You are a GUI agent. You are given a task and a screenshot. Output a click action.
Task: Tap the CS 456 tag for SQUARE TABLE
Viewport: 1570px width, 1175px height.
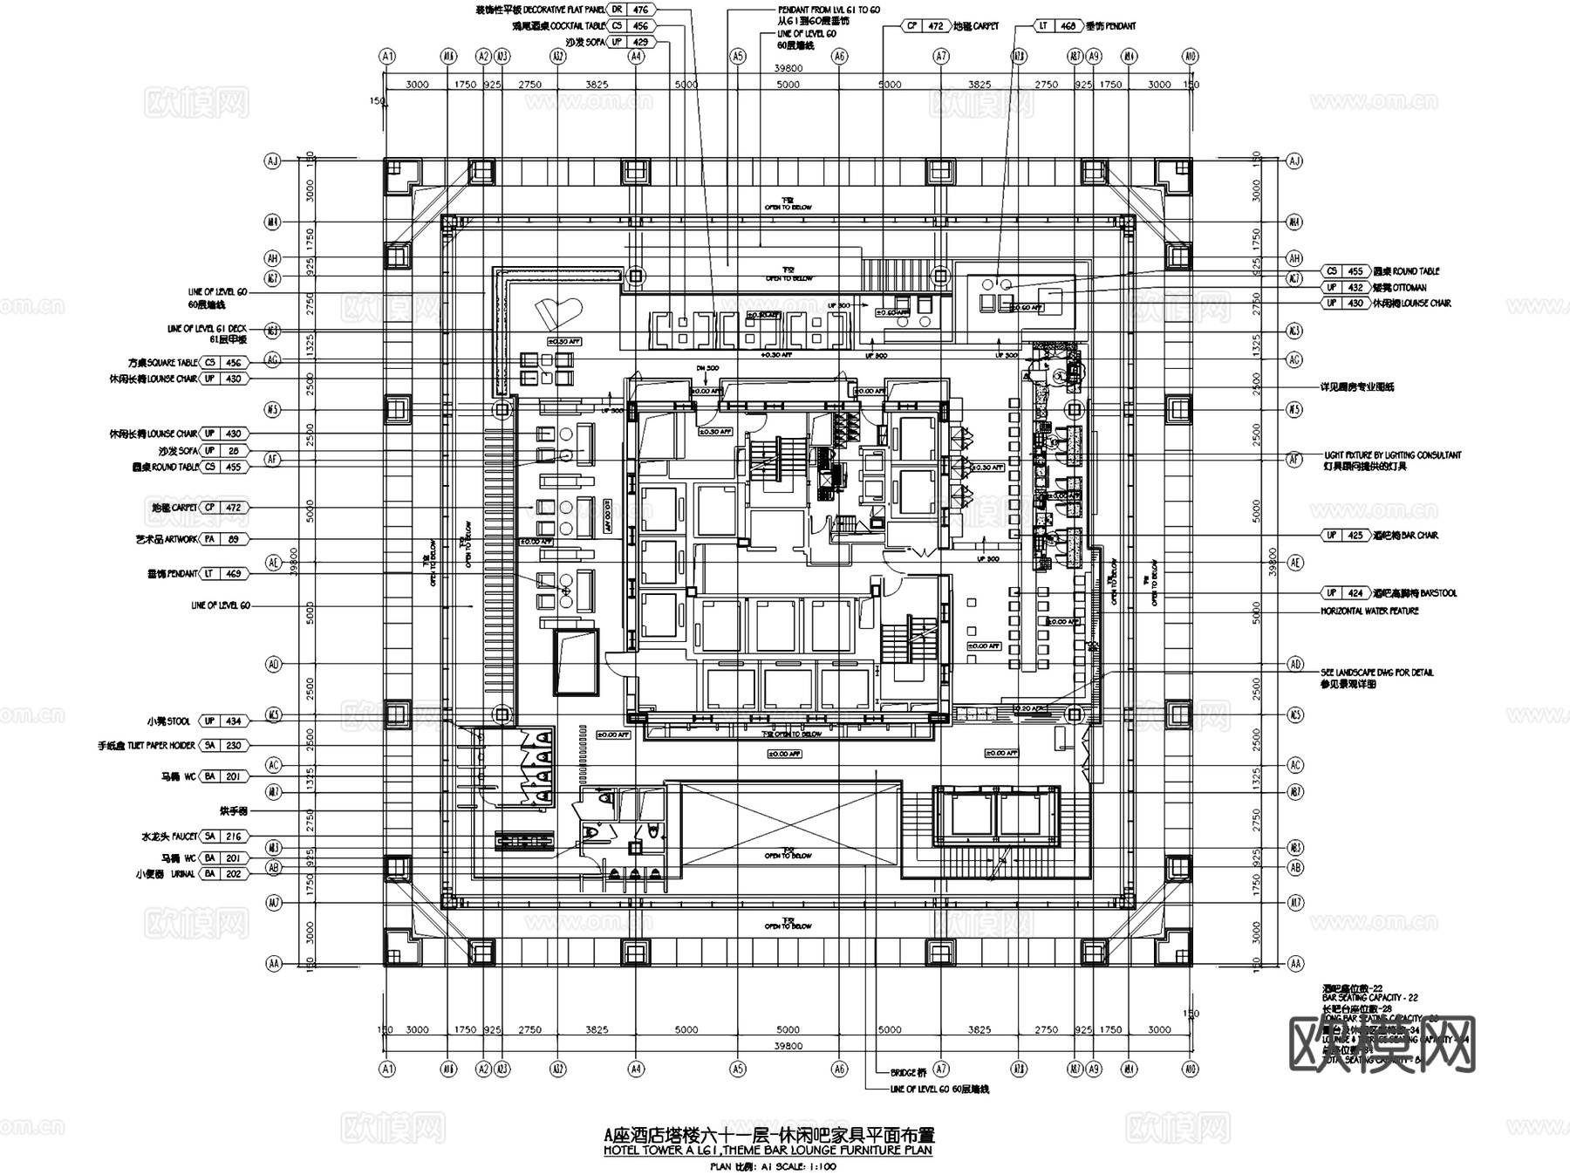point(223,362)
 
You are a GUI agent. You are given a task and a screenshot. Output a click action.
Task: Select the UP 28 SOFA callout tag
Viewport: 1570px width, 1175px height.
point(223,450)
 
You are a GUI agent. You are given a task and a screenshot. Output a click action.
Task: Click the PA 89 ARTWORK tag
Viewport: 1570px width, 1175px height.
point(223,539)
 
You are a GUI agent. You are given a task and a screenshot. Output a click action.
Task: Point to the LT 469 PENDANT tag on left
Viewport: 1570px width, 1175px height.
point(223,573)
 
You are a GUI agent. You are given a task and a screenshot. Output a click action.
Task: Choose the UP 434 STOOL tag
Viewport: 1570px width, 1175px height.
point(223,721)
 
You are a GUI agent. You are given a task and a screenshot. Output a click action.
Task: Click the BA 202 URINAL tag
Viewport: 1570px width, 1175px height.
point(223,873)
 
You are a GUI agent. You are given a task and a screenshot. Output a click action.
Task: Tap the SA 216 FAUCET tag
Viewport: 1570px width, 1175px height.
point(223,836)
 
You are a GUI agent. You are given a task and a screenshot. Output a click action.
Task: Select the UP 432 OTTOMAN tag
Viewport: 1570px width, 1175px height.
point(1344,287)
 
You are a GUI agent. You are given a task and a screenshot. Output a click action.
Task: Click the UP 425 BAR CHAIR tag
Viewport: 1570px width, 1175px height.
point(1344,535)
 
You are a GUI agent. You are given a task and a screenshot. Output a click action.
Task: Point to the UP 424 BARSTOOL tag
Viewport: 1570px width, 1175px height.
point(1344,593)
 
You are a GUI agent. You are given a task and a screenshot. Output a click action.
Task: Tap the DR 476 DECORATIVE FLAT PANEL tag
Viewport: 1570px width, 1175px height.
point(630,10)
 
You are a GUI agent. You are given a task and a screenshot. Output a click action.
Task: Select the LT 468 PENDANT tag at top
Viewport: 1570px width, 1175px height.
point(1056,26)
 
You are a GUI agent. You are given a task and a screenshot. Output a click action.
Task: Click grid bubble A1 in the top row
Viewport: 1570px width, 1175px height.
point(387,56)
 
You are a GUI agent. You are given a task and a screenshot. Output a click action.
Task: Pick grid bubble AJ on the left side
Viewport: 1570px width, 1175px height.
point(274,161)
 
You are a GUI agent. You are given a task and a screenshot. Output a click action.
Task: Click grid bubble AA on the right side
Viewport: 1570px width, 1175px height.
point(1295,964)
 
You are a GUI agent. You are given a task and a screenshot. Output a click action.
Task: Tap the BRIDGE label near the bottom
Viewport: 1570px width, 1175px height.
point(908,1073)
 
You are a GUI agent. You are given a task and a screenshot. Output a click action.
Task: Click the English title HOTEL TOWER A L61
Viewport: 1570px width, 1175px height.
point(768,1151)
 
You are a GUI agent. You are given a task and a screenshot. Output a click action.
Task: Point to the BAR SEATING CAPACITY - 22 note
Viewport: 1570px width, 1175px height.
point(1370,997)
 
